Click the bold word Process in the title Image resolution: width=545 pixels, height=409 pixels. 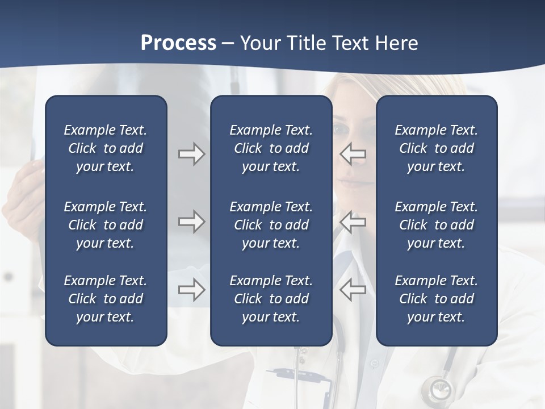pos(178,43)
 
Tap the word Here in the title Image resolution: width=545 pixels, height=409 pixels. pos(396,43)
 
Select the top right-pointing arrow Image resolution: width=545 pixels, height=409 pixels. pos(191,154)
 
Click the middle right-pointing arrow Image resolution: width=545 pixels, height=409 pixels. pos(191,222)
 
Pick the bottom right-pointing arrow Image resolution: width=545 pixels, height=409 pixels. pos(191,290)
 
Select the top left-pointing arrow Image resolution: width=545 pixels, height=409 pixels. pos(353,154)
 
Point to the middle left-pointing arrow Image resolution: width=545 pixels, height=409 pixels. pos(353,222)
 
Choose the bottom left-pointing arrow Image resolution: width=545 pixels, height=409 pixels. pos(353,290)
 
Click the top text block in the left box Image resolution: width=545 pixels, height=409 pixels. pos(106,148)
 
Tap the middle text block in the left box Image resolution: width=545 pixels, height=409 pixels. pos(106,225)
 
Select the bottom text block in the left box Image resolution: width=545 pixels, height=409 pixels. pos(106,299)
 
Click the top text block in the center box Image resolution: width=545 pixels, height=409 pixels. pos(271,148)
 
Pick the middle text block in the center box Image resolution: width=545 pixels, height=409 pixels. pos(271,225)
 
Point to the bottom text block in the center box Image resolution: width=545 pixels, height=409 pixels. pos(271,299)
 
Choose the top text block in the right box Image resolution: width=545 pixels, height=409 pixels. pos(436,148)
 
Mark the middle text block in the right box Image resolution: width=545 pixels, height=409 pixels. pos(436,225)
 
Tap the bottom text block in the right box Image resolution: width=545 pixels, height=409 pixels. pos(436,299)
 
